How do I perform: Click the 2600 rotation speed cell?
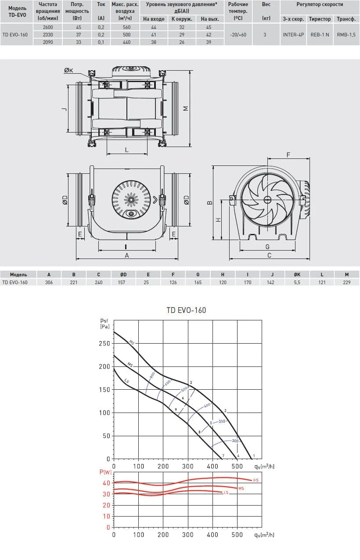click(x=48, y=27)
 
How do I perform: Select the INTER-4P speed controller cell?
click(x=293, y=35)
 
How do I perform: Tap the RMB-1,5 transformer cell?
click(x=346, y=35)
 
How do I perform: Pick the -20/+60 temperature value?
click(x=238, y=35)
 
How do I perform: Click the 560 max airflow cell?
click(x=126, y=27)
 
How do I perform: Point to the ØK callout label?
click(x=68, y=70)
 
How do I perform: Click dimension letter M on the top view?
click(x=186, y=108)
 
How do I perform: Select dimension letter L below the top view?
click(x=127, y=150)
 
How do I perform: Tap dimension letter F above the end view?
click(x=288, y=155)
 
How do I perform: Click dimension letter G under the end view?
click(x=267, y=247)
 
